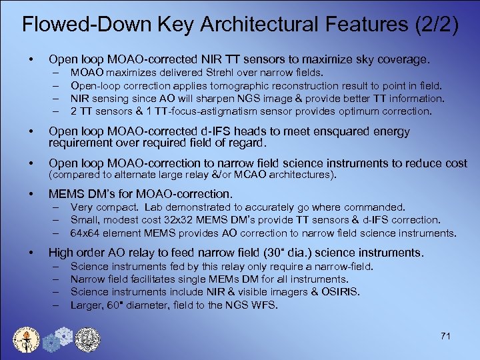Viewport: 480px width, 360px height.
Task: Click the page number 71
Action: click(x=446, y=336)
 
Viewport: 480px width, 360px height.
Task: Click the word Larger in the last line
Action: click(x=87, y=304)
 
